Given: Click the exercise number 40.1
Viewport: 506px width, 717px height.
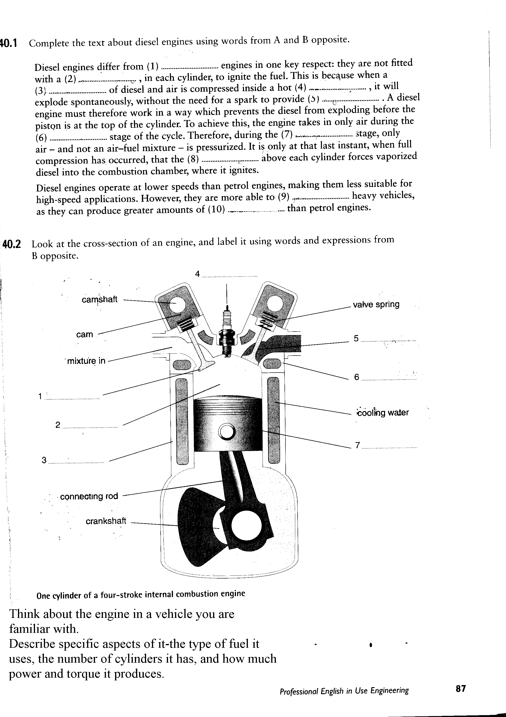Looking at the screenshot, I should [x=9, y=42].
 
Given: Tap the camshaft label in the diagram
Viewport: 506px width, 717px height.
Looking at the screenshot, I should [x=99, y=299].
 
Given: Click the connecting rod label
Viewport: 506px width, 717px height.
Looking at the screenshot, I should [x=89, y=496].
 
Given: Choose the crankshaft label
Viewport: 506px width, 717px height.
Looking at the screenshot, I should [x=106, y=521].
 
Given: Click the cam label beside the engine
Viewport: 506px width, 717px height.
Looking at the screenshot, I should [x=84, y=334].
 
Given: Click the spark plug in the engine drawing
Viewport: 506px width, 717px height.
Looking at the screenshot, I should [x=227, y=333].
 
